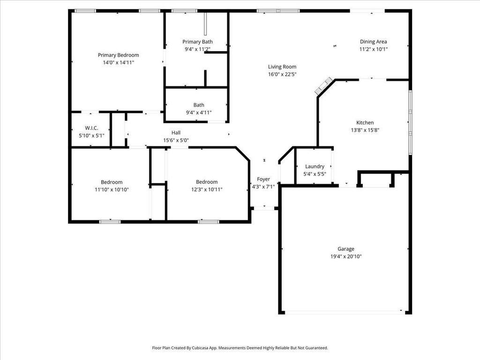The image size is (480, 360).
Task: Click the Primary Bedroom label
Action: point(118,55)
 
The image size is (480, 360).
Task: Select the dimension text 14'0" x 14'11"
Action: point(119,62)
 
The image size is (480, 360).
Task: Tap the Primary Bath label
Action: point(197,42)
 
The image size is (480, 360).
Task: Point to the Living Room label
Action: point(282,67)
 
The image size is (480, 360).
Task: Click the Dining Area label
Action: point(373,42)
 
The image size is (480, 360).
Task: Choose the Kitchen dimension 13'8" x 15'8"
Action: point(365,130)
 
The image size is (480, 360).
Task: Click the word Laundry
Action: point(315,166)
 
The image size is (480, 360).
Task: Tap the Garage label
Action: point(346,249)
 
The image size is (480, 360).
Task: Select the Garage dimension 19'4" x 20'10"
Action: point(346,256)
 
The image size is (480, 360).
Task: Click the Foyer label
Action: point(263,179)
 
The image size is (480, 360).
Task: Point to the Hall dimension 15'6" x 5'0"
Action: point(176,140)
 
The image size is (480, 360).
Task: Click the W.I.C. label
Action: point(91,128)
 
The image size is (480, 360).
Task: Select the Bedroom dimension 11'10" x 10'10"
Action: point(112,189)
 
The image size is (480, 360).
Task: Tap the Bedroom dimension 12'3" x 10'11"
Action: point(207,189)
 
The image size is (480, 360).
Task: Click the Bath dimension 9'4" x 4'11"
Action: point(199,112)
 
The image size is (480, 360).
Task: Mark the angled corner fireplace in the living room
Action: point(324,86)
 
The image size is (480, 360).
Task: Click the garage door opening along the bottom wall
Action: point(343,312)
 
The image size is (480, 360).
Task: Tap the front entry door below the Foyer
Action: point(264,208)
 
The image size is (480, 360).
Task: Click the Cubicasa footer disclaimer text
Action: point(240,348)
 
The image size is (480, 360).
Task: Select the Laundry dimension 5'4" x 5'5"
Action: point(315,174)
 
